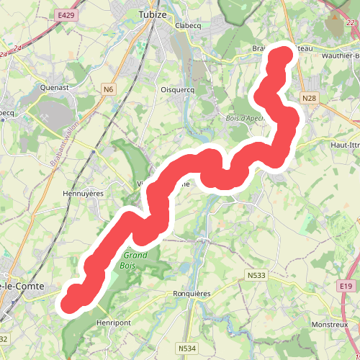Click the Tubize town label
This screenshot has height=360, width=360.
[x=153, y=14]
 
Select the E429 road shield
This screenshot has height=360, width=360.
[x=67, y=14]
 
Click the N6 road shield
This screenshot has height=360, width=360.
[x=108, y=89]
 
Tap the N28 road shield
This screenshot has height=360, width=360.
[x=310, y=98]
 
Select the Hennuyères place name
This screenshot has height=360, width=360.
[x=85, y=194]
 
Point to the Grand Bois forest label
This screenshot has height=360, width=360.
[x=135, y=260]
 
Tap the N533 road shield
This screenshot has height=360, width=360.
[x=256, y=275]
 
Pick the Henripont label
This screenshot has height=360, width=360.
[x=114, y=323]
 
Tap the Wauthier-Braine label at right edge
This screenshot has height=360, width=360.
[x=341, y=55]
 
